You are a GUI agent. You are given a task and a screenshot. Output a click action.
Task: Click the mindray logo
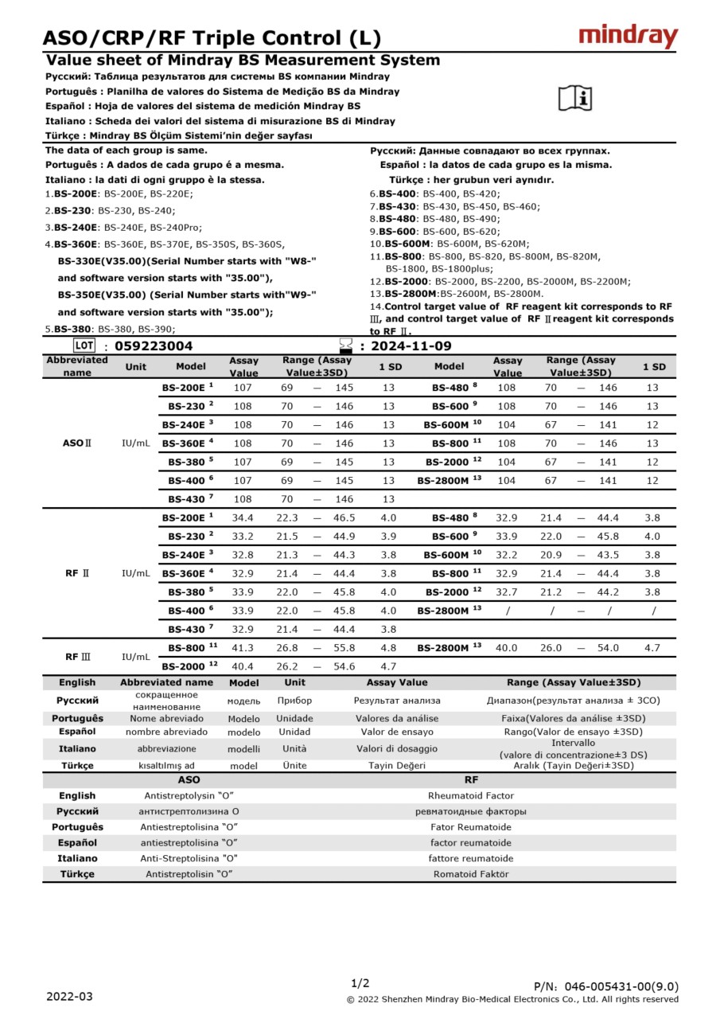[x=628, y=37]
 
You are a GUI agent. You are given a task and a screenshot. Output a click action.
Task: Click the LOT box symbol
[x=84, y=346]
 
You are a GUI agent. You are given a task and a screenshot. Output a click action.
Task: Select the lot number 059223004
[x=154, y=346]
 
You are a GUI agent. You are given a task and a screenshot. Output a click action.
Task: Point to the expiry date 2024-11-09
[x=411, y=346]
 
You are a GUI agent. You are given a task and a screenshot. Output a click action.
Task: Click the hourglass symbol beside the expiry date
[x=345, y=346]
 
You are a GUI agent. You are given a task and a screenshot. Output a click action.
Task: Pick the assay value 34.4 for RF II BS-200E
[x=243, y=517]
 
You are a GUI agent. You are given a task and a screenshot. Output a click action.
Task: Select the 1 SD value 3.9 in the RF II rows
[x=388, y=537]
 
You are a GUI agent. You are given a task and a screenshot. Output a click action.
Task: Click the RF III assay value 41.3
[x=243, y=648]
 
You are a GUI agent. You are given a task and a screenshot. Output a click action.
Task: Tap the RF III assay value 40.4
[x=243, y=666]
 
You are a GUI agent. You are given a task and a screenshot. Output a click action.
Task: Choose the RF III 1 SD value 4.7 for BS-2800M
[x=652, y=648]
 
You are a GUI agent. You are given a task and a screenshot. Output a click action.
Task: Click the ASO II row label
[x=77, y=443]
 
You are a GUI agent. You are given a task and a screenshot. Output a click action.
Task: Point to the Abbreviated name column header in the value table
[x=77, y=366]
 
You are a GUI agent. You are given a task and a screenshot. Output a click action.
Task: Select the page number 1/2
[x=360, y=983]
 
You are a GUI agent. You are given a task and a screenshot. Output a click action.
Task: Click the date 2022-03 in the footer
[x=69, y=997]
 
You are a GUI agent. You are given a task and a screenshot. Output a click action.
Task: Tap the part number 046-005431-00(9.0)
[x=606, y=987]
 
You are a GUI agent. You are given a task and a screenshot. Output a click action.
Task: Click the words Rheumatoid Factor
[x=471, y=795]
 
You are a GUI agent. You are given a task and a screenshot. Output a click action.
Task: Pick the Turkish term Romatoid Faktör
[x=471, y=873]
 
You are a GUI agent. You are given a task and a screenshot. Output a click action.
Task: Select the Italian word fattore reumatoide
[x=471, y=858]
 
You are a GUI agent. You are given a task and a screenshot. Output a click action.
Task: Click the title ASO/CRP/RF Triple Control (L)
[x=212, y=37]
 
